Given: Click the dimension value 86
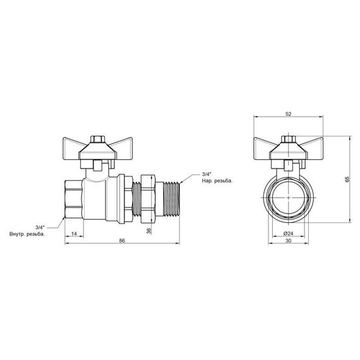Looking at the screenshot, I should click(121, 241).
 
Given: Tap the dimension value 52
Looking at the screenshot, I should click(288, 114).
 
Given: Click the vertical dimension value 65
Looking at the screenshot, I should click(347, 179).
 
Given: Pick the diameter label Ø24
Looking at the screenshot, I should click(288, 233).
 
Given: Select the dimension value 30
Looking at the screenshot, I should click(288, 241).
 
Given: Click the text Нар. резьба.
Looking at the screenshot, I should click(217, 181).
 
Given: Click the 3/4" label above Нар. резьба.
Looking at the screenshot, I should click(207, 174).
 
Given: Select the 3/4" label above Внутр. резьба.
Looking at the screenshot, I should click(40, 226).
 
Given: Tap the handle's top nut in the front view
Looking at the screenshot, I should click(288, 138).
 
